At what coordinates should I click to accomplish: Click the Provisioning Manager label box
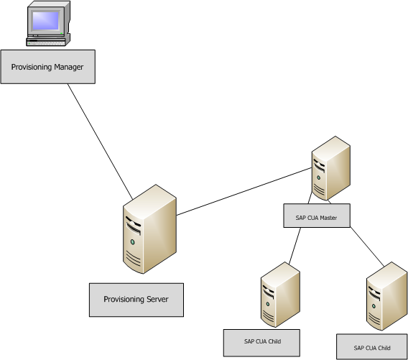point(47,67)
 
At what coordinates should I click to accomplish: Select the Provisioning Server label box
point(136,299)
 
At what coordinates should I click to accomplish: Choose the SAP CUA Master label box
point(317,216)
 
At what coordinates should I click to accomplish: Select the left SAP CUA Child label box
point(261,342)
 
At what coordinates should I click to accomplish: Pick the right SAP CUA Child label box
point(371,347)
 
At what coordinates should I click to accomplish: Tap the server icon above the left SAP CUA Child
point(279,295)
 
